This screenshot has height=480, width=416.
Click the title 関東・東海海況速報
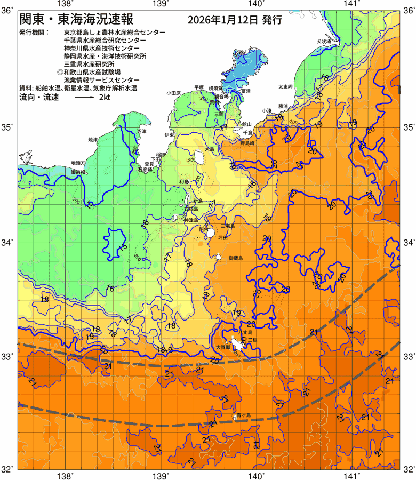(x=73, y=20)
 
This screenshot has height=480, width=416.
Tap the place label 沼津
(x=141, y=131)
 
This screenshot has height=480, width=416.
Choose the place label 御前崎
(x=78, y=172)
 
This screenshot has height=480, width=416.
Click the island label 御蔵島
(x=235, y=258)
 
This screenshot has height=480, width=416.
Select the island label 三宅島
(x=228, y=226)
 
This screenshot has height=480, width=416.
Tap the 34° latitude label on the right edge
(x=409, y=243)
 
